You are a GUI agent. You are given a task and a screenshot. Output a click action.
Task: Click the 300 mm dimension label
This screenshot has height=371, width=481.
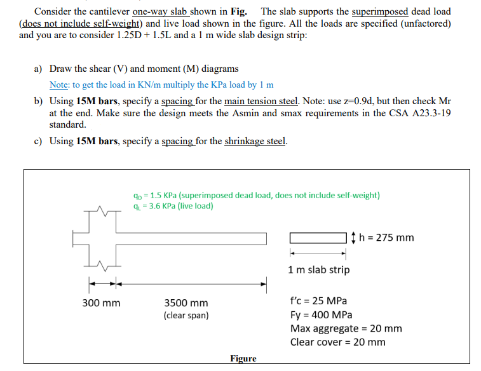[101, 304]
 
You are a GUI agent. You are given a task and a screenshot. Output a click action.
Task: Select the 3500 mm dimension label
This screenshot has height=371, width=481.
[186, 304]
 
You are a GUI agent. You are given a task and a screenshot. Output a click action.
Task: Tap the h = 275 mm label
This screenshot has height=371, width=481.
[386, 238]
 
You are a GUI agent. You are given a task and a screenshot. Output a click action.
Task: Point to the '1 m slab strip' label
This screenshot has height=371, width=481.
[318, 270]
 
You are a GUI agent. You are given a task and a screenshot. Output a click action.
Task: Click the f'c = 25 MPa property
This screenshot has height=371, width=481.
[318, 301]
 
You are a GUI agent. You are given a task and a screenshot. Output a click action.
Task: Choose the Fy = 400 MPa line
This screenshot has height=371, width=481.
[321, 315]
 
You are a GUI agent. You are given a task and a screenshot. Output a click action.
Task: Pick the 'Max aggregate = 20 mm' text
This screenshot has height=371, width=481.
[346, 328]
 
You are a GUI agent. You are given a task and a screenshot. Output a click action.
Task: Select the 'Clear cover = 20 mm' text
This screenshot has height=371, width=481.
[337, 342]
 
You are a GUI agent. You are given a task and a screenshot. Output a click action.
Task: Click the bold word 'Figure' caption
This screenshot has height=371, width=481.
[243, 359]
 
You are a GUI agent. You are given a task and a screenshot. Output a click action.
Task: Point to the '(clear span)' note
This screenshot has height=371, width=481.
[186, 315]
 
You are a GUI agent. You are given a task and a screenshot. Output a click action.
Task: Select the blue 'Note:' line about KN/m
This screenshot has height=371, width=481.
[161, 84]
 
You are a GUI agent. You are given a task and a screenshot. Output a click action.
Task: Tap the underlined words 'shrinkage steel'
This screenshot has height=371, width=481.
[255, 141]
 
